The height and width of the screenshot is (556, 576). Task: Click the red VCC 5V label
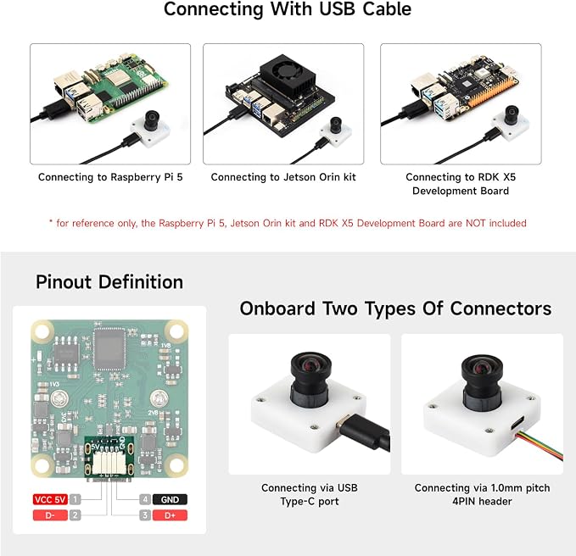coord(50,499)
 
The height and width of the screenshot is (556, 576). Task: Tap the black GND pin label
coord(170,499)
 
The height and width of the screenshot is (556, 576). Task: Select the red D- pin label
coord(50,515)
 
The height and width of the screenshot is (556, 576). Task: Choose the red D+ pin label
coord(170,515)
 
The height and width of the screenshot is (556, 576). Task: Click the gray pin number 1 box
coord(75,499)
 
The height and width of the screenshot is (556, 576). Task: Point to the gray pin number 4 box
coord(145,499)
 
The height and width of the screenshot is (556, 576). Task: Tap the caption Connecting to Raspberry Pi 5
coord(110,177)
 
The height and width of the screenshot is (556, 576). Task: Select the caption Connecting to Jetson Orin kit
coord(283,177)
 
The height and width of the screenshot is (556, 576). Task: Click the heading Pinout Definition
coord(109,282)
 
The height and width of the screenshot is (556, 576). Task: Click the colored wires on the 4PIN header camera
coord(540,446)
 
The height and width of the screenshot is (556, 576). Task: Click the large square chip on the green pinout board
coord(109,348)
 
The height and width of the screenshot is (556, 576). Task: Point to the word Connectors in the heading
coord(501,309)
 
